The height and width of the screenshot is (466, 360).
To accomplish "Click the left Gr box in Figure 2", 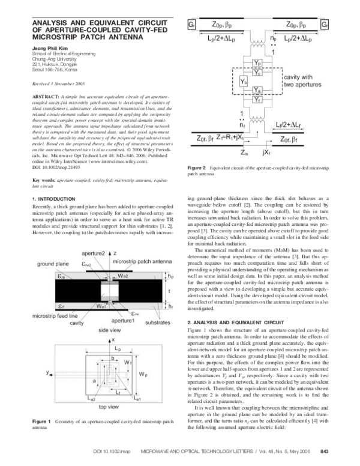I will (192, 26).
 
